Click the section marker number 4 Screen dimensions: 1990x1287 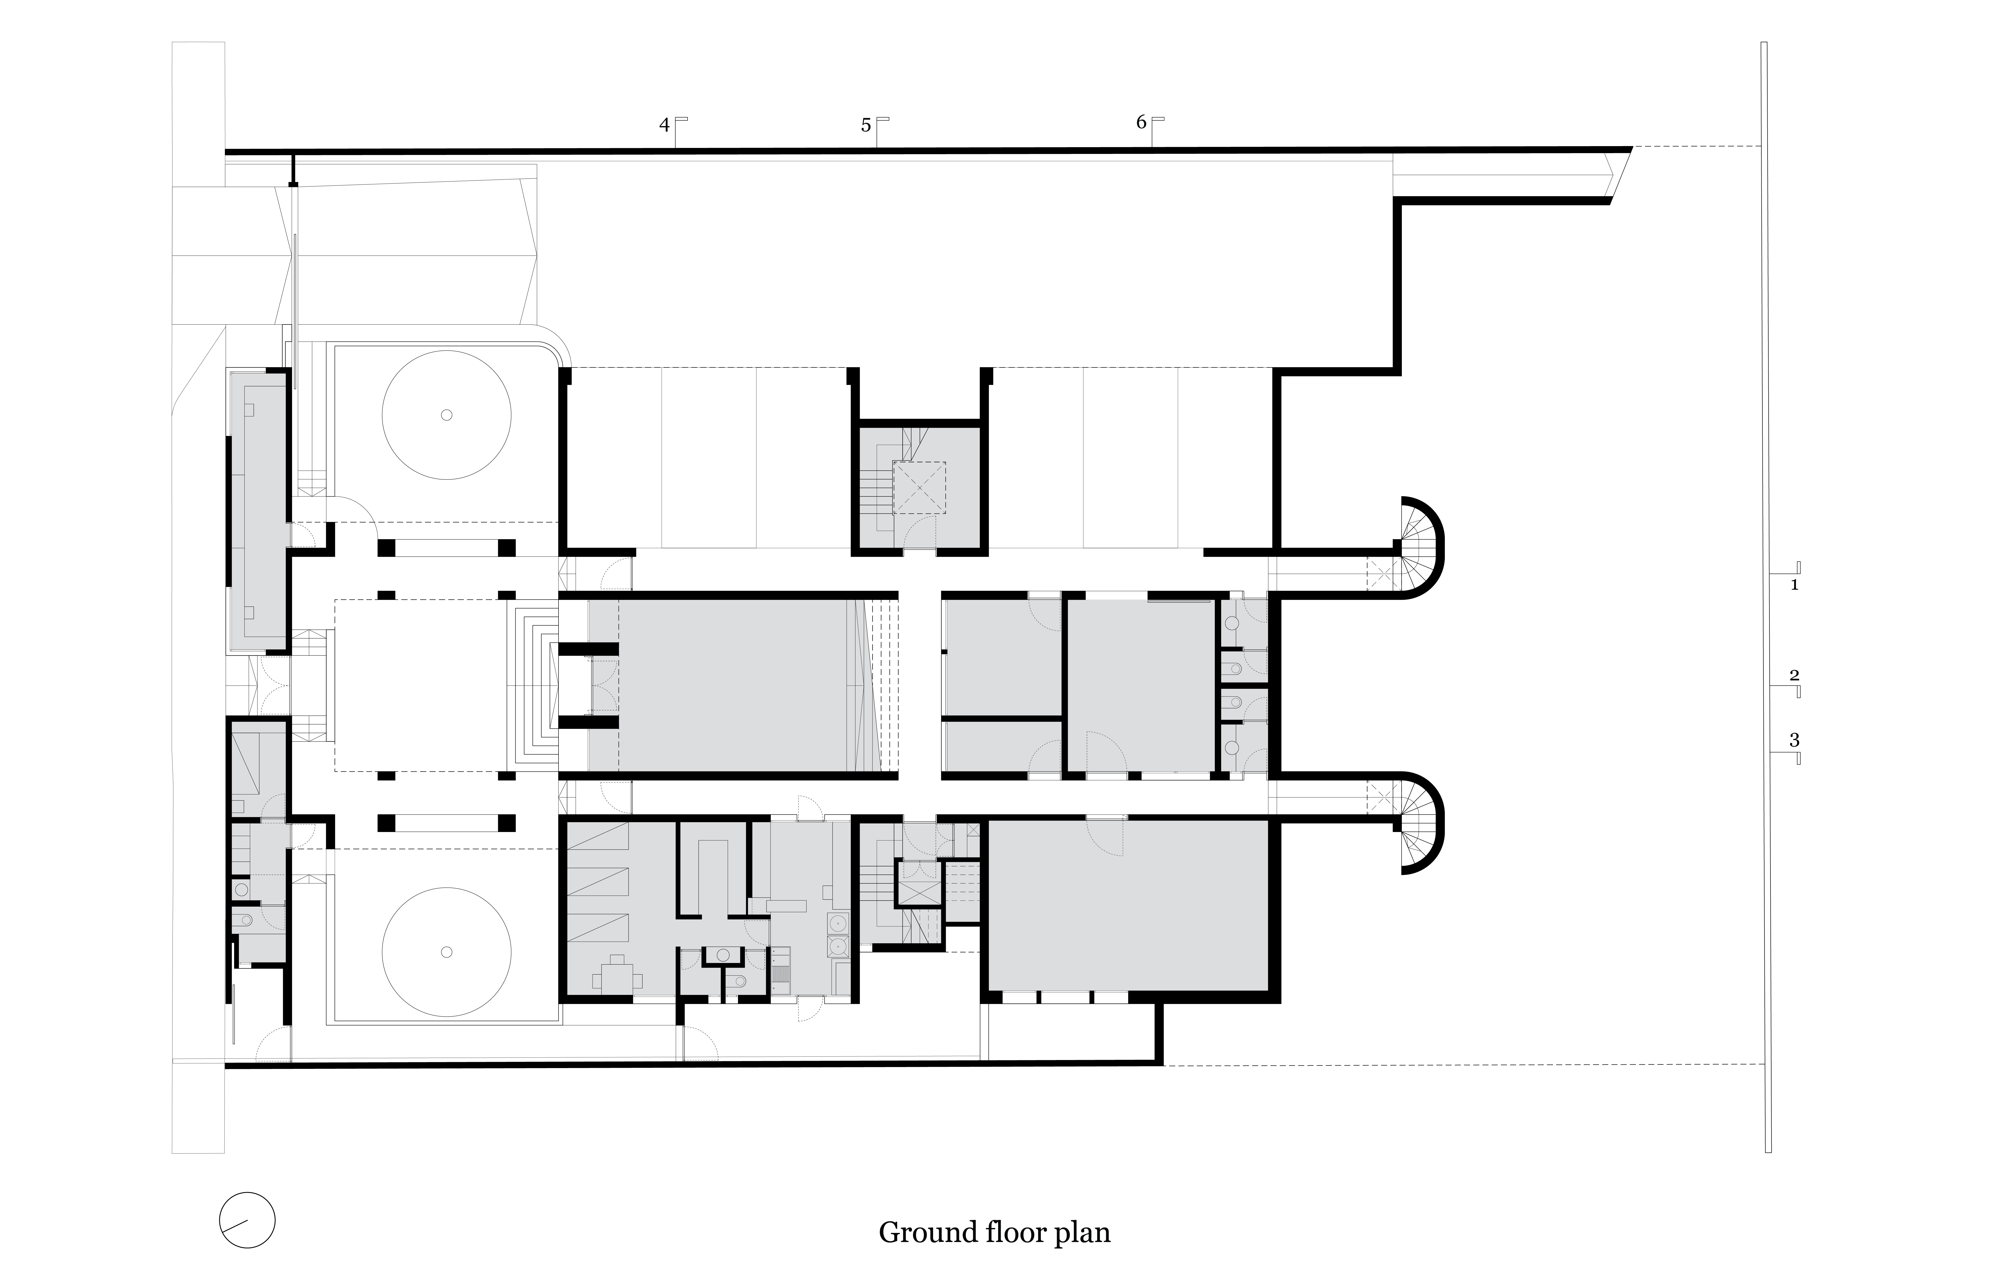pos(664,125)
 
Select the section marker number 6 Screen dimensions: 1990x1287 pos(1141,123)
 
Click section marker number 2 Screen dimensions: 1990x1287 pos(1794,675)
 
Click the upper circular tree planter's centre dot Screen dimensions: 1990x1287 pos(446,414)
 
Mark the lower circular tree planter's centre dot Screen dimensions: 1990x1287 pos(446,951)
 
